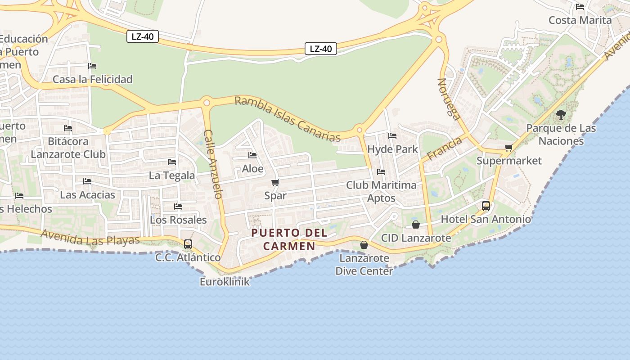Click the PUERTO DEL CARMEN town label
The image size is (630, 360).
289,239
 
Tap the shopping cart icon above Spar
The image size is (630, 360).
275,182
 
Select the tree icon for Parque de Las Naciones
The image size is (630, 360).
561,115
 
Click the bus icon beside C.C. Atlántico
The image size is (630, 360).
188,244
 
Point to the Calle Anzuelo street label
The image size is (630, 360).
213,164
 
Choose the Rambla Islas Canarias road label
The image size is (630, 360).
288,119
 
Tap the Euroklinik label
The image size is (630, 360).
225,282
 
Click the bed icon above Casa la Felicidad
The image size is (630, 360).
92,66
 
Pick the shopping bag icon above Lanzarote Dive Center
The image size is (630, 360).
364,245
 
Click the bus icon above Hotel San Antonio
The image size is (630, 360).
486,206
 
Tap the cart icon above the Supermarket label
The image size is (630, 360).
509,148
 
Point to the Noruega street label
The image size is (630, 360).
449,99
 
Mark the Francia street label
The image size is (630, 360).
444,148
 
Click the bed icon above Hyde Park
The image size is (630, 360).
392,135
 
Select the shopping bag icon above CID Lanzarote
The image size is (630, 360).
416,224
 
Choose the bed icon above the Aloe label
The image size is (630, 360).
252,155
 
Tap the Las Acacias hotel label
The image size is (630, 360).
87,195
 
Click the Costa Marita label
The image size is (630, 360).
580,20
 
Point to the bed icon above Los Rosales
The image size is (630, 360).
178,207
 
